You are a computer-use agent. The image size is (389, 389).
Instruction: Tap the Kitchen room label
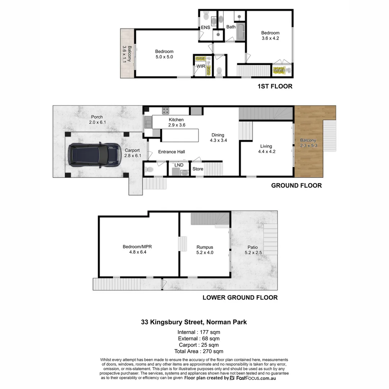176,120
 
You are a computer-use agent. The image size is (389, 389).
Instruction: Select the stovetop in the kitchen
166,111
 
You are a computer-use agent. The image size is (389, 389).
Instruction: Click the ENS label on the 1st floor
206,27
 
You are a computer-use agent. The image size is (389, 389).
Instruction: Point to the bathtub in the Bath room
241,32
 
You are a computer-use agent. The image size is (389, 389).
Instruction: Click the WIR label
201,67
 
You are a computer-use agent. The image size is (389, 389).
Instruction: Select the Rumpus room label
205,247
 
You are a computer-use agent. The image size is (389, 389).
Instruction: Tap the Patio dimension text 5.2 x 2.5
252,252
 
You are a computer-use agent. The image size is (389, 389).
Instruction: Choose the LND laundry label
179,165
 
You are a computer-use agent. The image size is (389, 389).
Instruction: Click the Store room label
198,169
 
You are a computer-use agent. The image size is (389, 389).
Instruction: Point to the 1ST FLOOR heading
275,86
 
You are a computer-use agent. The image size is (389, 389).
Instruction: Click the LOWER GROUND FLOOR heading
240,298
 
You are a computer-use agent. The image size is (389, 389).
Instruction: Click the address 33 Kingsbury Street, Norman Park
194,322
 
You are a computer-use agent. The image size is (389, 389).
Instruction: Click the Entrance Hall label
171,152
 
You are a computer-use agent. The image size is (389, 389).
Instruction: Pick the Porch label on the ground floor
97,117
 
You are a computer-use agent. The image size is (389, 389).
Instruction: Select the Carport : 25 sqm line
199,345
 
